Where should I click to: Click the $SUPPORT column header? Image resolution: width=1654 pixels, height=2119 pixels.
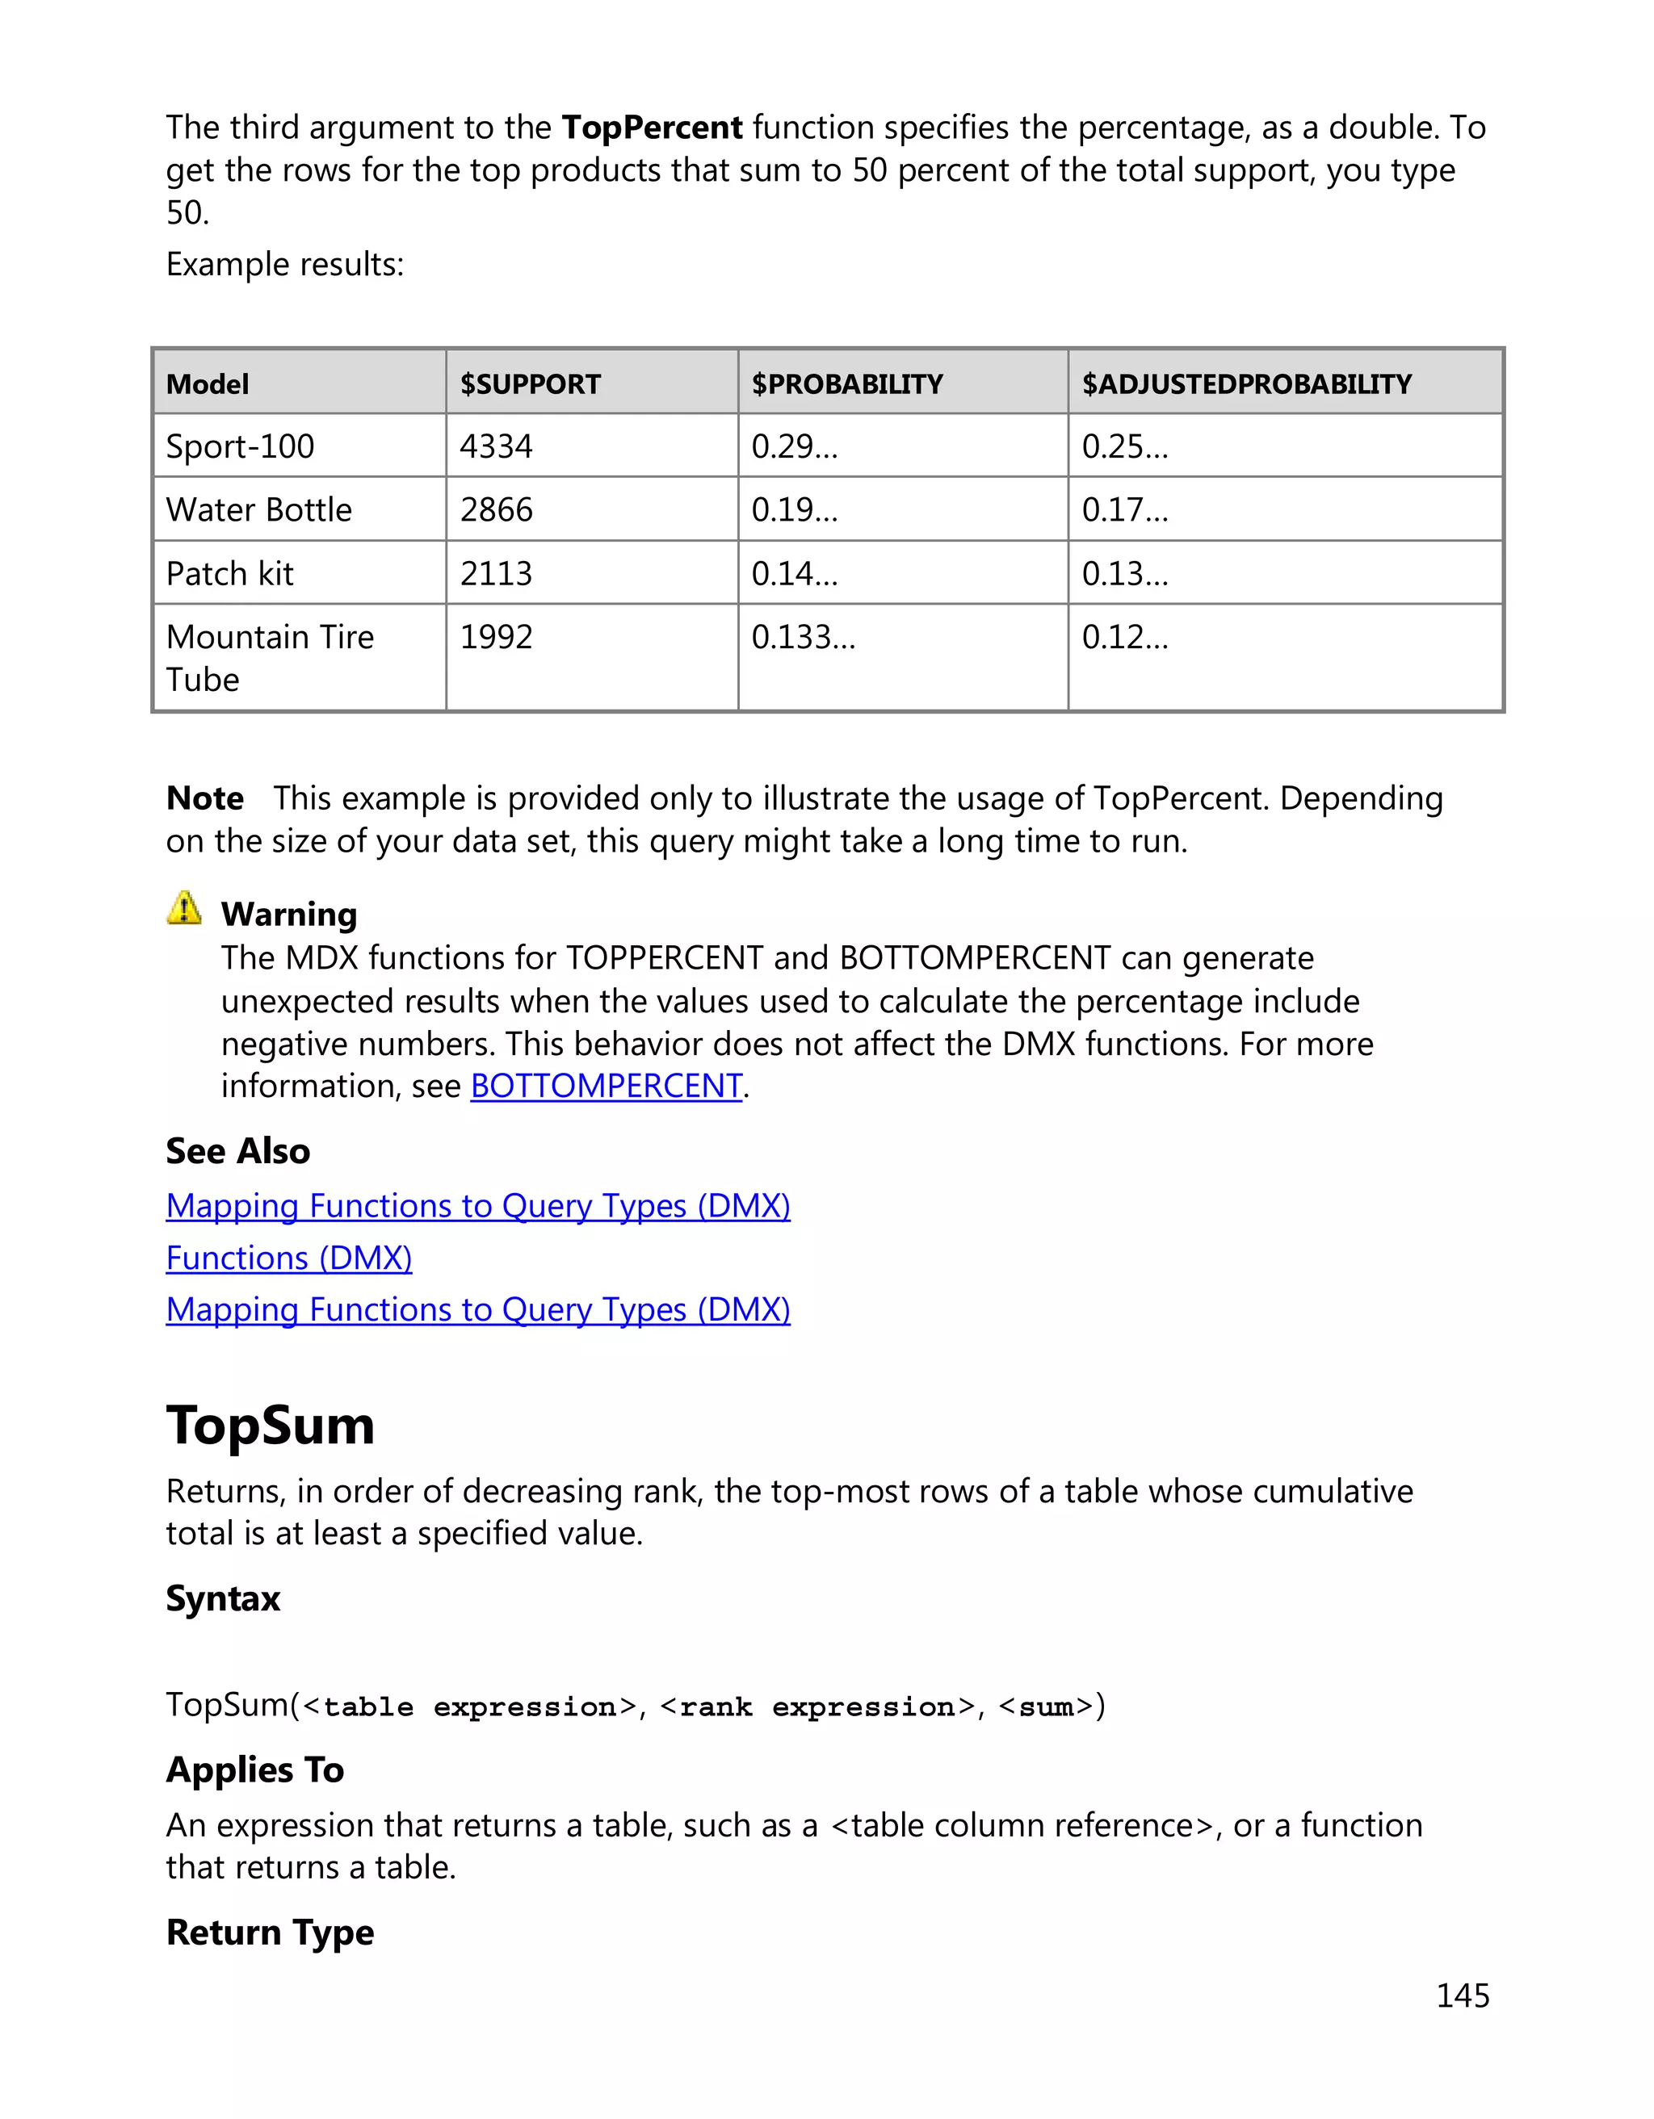[530, 384]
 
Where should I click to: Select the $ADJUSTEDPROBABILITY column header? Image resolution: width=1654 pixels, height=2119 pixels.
[1246, 384]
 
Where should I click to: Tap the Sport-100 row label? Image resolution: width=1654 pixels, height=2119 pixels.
[240, 446]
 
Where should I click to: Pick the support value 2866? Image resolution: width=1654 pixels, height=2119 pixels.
[496, 509]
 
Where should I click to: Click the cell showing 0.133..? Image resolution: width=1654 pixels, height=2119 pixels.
[803, 638]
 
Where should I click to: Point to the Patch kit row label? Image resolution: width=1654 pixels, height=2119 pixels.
[229, 573]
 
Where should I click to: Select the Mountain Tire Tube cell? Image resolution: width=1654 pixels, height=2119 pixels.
[269, 658]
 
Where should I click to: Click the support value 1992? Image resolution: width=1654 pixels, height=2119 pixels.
[496, 638]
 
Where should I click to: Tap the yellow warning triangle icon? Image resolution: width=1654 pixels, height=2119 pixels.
[184, 908]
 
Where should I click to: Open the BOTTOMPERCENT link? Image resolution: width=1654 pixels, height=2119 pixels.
[606, 1086]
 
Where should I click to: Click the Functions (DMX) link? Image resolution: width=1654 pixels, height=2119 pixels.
[288, 1258]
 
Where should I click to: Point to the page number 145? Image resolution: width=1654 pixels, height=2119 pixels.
[1462, 1995]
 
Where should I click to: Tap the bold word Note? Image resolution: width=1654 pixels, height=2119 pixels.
[205, 798]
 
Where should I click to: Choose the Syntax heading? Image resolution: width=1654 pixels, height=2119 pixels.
[222, 1598]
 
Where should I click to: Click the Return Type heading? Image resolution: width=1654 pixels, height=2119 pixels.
[270, 1932]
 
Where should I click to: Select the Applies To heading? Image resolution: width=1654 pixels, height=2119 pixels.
[254, 1769]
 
